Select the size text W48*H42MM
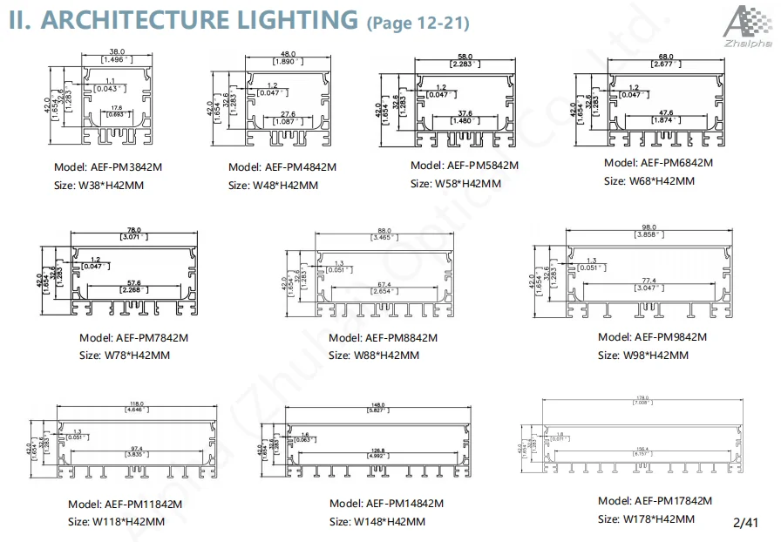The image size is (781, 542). (x=273, y=185)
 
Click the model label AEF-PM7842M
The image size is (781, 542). (x=133, y=337)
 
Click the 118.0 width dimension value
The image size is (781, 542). (x=136, y=403)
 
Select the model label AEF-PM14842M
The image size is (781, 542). (x=387, y=503)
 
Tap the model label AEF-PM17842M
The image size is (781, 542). (x=655, y=500)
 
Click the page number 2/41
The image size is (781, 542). (x=746, y=523)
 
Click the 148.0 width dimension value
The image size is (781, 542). (x=377, y=403)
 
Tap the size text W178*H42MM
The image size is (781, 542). (x=646, y=518)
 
